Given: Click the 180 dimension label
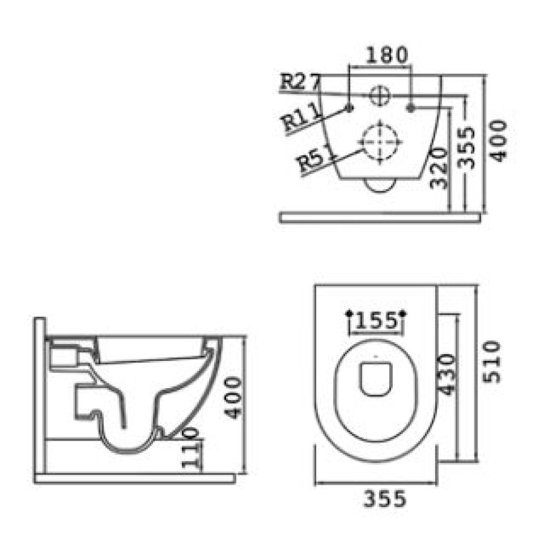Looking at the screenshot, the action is tap(386, 55).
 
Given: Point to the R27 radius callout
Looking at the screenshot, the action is tap(300, 82).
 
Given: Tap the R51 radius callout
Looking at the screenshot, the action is tap(316, 159).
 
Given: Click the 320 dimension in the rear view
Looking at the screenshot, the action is tap(439, 168).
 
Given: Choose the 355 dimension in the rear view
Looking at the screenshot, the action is tap(465, 147).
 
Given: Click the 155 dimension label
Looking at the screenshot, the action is tap(376, 321).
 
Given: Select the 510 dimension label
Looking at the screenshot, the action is tap(491, 362).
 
